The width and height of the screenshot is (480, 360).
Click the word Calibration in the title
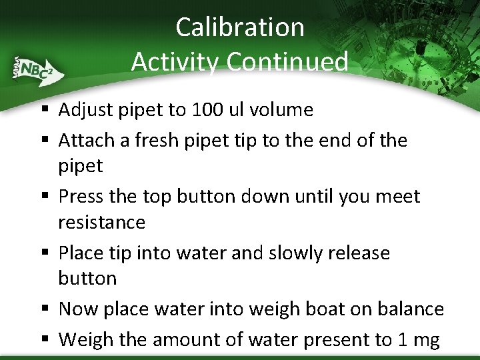point(240,27)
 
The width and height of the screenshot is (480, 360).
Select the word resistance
point(101,222)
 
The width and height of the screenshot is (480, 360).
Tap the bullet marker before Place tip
point(43,254)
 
